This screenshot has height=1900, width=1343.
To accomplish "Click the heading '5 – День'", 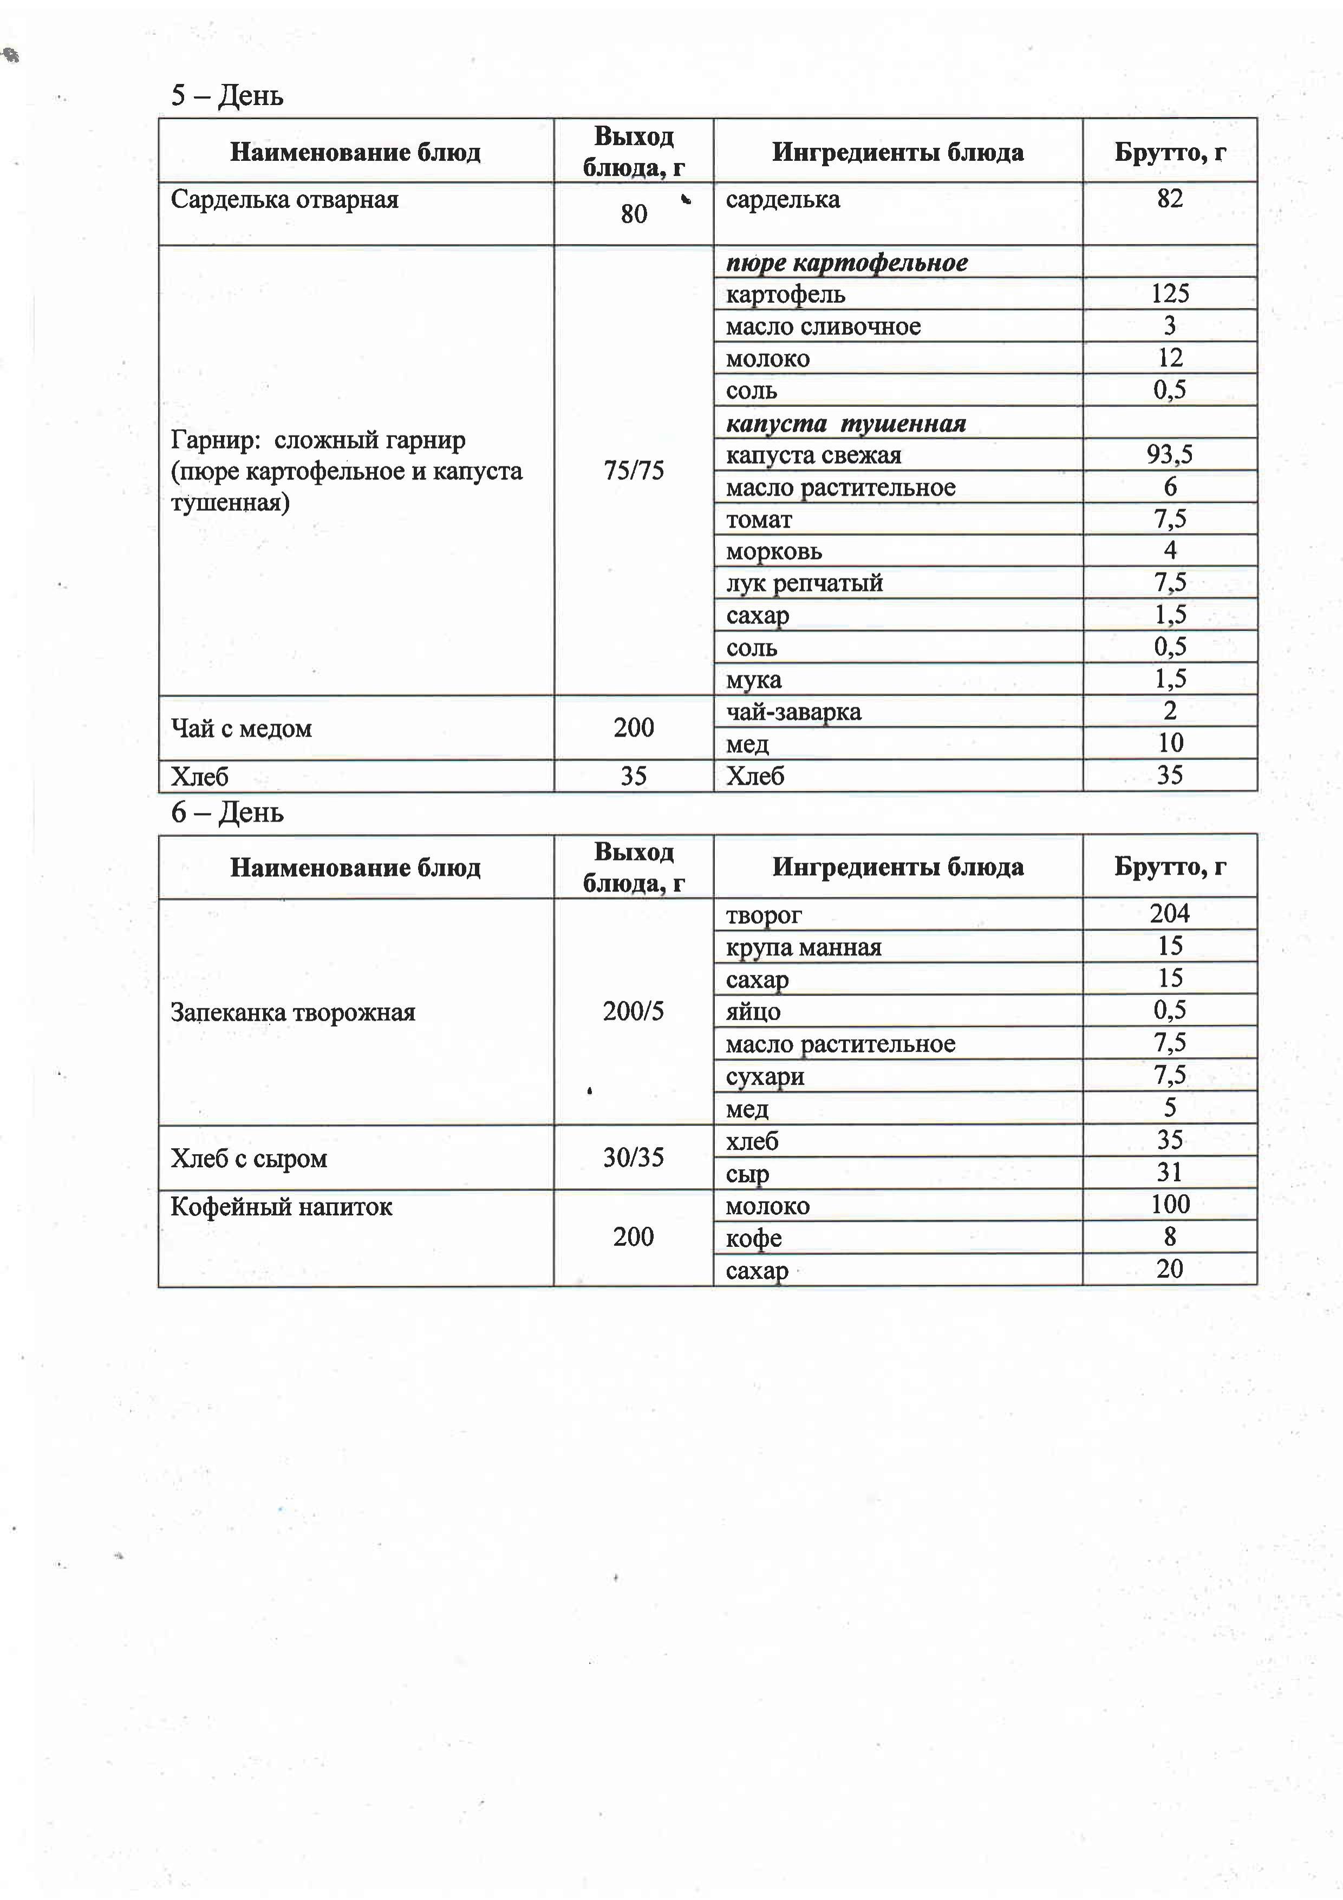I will pyautogui.click(x=227, y=96).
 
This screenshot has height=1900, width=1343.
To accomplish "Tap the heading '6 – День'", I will pyautogui.click(x=227, y=812).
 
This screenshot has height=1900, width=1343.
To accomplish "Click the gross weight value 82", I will pyautogui.click(x=1169, y=199).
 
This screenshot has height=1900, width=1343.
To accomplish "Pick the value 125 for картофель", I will pyautogui.click(x=1169, y=293).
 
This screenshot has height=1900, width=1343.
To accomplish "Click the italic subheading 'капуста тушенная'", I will pyautogui.click(x=846, y=424).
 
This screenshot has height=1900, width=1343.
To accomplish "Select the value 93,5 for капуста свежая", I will pyautogui.click(x=1169, y=454).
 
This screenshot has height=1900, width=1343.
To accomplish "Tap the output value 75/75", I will pyautogui.click(x=634, y=470).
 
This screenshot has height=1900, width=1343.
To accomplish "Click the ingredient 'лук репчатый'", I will pyautogui.click(x=804, y=583).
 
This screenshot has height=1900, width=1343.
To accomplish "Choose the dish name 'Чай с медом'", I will pyautogui.click(x=241, y=728).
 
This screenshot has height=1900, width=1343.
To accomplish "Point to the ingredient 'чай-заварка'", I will pyautogui.click(x=793, y=712).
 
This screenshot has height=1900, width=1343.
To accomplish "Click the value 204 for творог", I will pyautogui.click(x=1169, y=914).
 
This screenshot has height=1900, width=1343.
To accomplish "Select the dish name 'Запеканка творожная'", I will pyautogui.click(x=293, y=1012).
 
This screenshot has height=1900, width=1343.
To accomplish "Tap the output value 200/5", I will pyautogui.click(x=634, y=1011).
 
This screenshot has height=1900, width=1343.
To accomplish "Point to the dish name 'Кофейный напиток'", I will pyautogui.click(x=282, y=1207).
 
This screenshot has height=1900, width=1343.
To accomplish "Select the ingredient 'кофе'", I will pyautogui.click(x=753, y=1238).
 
